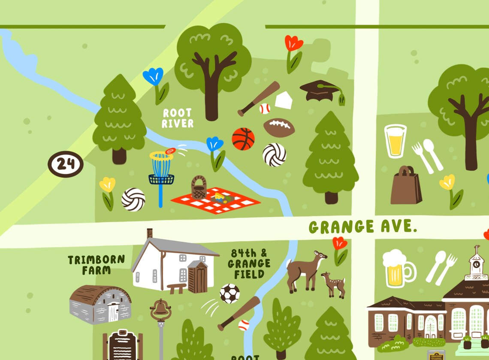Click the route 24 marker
[x=65, y=164]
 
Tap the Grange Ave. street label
[x=363, y=227]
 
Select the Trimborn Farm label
[x=96, y=265]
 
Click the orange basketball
[x=243, y=139]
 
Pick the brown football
[x=279, y=128]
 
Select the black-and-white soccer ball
[x=229, y=293]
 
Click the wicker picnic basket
[x=199, y=188]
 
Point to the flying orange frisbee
[x=170, y=151]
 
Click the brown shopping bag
[x=403, y=186]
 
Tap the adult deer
[x=305, y=271]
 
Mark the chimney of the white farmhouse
[x=149, y=233]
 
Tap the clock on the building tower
[x=477, y=264]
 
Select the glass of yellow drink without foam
[x=395, y=141]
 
